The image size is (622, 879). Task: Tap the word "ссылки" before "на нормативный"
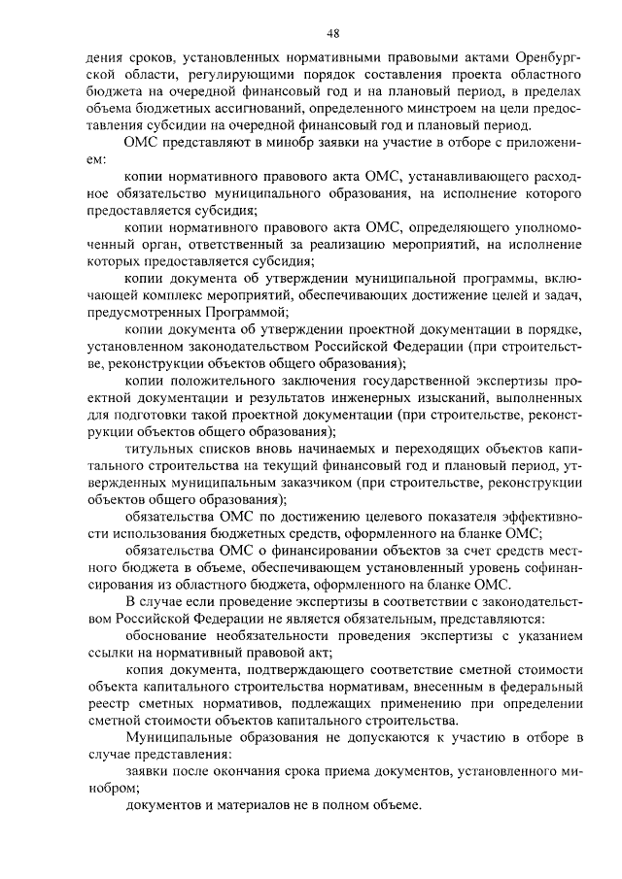[108, 652]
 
